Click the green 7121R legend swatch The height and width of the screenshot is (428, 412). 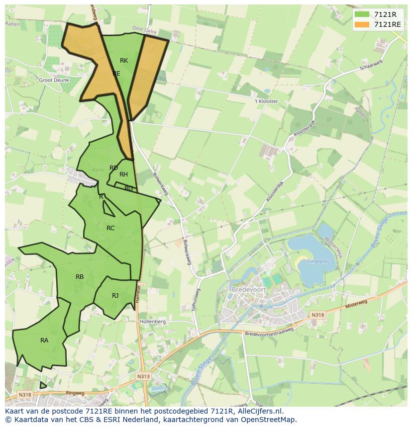(x=362, y=14)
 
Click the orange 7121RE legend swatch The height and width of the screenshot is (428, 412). (x=362, y=24)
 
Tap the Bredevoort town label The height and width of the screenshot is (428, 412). (x=247, y=289)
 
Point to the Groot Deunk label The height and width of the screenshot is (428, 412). (x=54, y=80)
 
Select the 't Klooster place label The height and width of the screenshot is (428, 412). (x=266, y=101)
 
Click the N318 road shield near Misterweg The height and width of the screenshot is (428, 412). (x=317, y=315)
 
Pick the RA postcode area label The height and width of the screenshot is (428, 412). (x=44, y=341)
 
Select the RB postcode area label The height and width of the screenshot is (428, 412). (x=80, y=277)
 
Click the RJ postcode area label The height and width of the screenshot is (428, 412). (x=115, y=296)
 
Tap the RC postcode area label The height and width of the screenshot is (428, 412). (x=110, y=228)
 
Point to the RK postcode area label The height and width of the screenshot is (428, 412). (x=124, y=61)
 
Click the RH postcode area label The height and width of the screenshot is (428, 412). (x=123, y=174)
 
